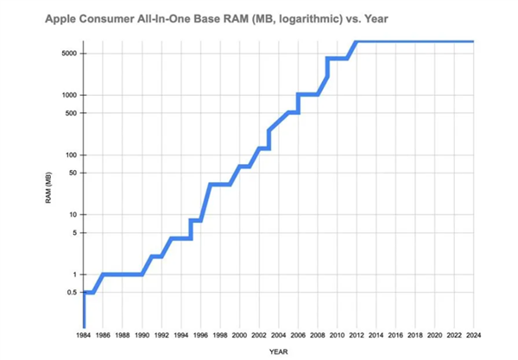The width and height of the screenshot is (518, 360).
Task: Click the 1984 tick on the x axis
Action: tap(84, 334)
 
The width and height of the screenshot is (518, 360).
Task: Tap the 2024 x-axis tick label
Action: tap(473, 334)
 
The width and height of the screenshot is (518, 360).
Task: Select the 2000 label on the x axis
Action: tap(239, 334)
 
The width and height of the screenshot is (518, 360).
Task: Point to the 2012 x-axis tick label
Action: tap(357, 334)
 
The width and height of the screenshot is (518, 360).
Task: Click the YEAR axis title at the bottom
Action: tap(278, 351)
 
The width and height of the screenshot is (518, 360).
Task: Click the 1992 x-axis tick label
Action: tap(161, 334)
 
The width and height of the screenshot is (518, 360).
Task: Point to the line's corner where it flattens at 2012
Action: tap(357, 41)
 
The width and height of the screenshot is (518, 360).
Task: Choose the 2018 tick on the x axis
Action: tap(414, 334)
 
